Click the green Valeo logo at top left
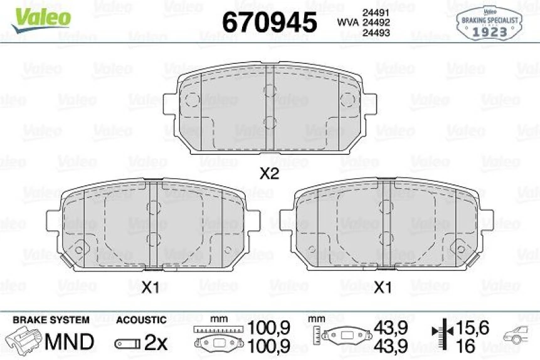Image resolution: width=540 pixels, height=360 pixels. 41,19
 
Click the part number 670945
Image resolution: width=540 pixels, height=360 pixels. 269,22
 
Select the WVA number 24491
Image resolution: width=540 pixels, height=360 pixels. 376,13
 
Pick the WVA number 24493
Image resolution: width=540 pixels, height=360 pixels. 376,33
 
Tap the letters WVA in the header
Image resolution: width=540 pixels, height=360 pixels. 348,23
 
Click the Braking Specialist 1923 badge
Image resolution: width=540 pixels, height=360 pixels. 489,23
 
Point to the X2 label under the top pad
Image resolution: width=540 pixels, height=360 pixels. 269,174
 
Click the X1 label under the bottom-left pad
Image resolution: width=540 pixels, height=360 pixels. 150,287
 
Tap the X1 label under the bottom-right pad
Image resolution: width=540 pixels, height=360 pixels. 383,287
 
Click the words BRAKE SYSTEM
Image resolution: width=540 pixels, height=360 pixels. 51,320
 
